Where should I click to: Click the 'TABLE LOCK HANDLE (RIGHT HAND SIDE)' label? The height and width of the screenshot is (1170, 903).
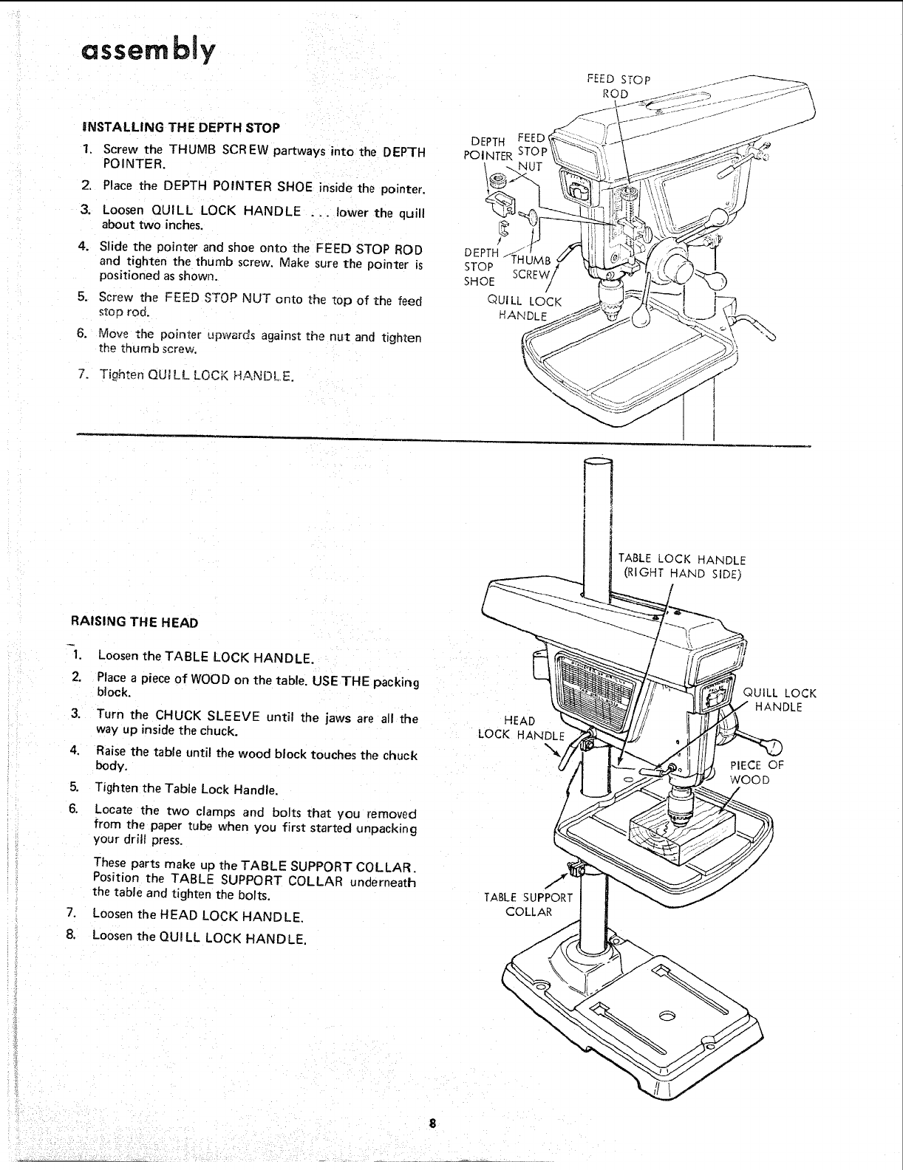681,567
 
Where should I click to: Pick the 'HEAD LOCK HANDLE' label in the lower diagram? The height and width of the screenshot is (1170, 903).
520,728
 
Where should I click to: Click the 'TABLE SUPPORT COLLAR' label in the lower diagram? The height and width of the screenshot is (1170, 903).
528,904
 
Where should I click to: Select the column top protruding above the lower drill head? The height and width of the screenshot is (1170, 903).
597,517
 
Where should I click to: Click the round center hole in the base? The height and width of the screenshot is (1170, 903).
667,1017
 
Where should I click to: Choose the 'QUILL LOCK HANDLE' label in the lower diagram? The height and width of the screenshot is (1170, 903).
779,699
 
